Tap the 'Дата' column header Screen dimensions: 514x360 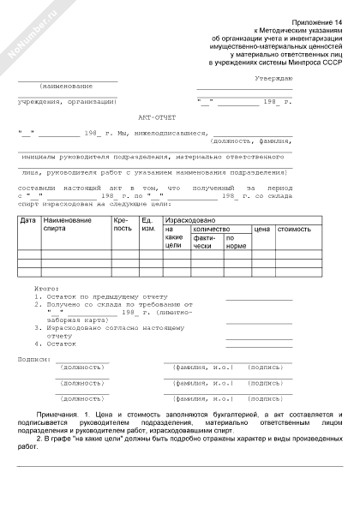pos(27,221)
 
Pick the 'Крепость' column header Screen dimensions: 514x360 pos(123,225)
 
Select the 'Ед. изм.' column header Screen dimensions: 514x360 pos(149,225)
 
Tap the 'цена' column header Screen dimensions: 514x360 pos(262,230)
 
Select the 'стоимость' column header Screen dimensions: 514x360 pos(294,230)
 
